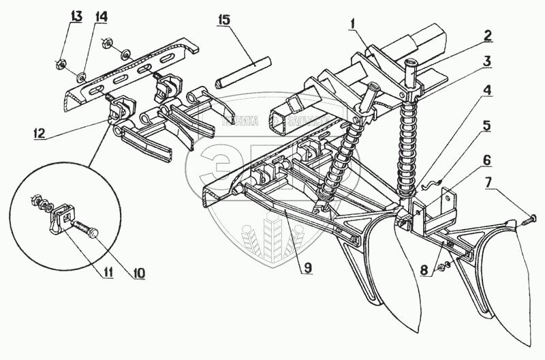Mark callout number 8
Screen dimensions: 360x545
(x=424, y=269)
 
